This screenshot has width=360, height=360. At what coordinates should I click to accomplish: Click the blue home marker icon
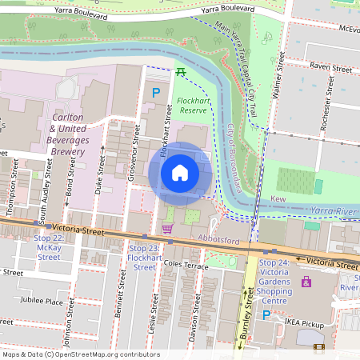(x=180, y=173)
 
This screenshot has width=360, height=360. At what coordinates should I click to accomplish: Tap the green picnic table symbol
(x=182, y=72)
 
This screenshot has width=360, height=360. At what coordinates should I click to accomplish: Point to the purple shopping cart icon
(x=167, y=229)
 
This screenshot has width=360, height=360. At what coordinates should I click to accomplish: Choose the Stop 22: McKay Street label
(x=49, y=248)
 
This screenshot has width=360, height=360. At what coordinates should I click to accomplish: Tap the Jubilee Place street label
(x=43, y=302)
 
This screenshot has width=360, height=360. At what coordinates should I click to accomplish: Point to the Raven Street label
(x=330, y=70)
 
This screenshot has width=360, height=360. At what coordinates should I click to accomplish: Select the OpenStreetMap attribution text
(x=80, y=354)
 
